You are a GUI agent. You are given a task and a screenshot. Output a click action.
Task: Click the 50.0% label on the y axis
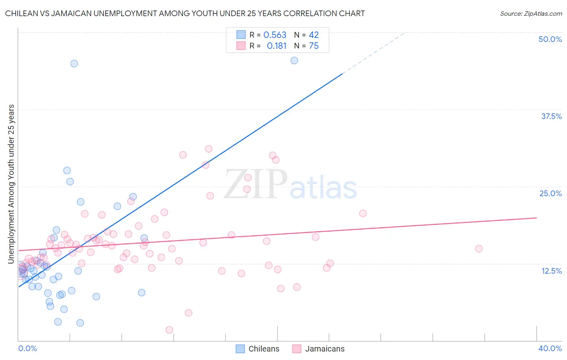(550, 39)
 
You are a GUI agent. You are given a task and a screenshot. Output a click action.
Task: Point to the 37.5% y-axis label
(551, 116)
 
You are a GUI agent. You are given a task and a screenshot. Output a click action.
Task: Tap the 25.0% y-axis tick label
(550, 193)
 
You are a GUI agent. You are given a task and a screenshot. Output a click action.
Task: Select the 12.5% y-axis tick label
(551, 271)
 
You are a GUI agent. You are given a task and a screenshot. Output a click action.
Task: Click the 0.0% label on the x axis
(27, 348)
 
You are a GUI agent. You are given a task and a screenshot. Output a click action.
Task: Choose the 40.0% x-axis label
(550, 348)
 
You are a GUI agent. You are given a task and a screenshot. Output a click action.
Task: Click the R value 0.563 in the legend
(275, 35)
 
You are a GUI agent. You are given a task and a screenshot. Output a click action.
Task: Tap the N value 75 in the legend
(314, 46)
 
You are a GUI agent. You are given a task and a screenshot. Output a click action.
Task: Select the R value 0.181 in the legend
(276, 46)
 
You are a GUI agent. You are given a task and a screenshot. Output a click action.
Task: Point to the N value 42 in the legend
(314, 35)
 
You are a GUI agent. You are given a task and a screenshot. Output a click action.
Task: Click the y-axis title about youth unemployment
(11, 184)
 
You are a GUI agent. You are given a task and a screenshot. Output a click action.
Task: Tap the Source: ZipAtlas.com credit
(531, 13)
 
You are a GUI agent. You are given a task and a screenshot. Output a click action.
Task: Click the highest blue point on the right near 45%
(294, 61)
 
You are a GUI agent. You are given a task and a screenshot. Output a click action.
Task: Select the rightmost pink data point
(479, 249)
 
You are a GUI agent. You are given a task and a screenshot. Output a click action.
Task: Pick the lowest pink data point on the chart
(169, 330)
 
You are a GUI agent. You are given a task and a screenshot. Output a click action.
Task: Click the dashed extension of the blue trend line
(373, 53)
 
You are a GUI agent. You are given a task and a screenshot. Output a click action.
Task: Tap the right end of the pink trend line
(536, 218)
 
